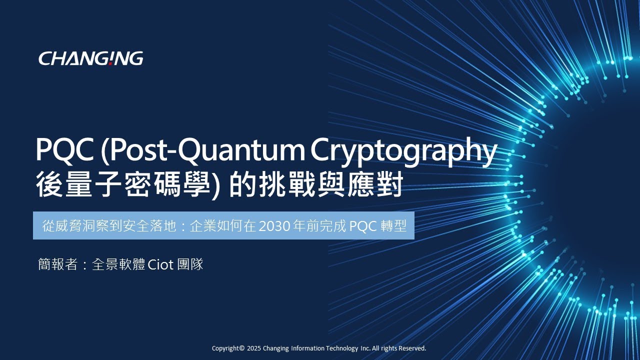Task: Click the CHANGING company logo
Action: [x=90, y=58]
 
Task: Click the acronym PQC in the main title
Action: [x=65, y=150]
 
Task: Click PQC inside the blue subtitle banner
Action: [x=363, y=226]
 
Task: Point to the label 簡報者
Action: [x=57, y=264]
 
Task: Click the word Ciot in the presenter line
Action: [x=160, y=264]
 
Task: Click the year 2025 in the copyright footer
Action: [x=253, y=348]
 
